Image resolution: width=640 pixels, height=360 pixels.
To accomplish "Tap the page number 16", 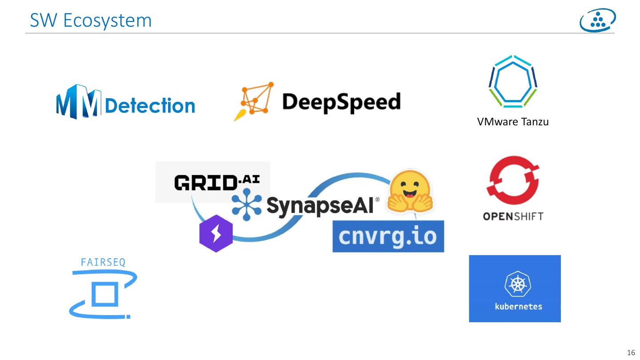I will [631, 353].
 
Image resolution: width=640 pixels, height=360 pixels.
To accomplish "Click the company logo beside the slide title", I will [598, 20].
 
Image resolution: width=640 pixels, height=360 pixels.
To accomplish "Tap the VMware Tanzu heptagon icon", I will [513, 82].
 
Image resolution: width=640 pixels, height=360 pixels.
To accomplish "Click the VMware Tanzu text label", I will [513, 122].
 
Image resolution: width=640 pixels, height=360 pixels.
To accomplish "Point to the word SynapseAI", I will [320, 206].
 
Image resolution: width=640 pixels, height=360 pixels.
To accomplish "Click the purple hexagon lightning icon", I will [216, 233].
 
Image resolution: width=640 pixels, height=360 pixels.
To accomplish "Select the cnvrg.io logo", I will [388, 236].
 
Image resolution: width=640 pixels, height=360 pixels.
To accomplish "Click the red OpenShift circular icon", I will [513, 180].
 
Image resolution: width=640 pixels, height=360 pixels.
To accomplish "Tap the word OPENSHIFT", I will [513, 217].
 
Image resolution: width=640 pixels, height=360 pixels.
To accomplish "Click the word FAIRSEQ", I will [103, 262].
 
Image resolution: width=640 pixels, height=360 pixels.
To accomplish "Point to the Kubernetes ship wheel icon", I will [515, 283].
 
